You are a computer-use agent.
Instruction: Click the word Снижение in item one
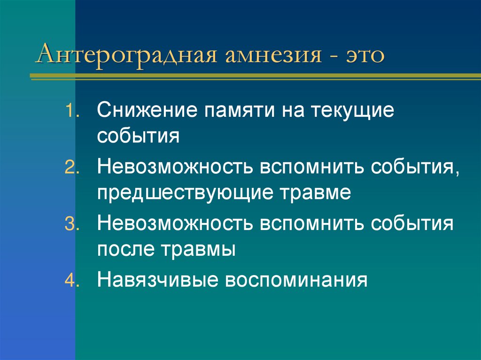point(147,112)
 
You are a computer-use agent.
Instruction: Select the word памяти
point(238,113)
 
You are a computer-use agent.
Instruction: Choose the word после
point(124,248)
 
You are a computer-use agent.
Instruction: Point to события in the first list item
point(139,137)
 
